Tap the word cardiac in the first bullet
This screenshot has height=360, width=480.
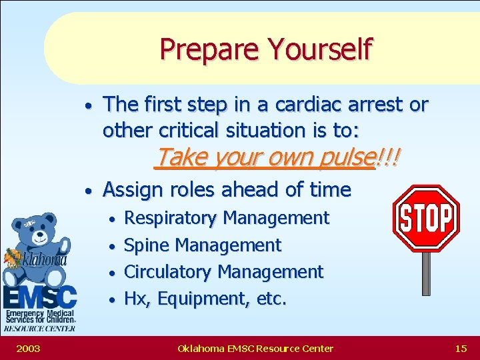coord(297,105)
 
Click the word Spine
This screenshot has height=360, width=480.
coord(147,245)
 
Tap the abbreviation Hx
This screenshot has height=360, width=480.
coord(136,299)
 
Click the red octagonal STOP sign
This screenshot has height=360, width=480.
coord(425,218)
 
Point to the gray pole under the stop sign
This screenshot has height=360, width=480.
coord(426,273)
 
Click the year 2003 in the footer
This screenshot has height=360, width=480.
coord(28,348)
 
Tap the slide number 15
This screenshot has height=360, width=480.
coord(460,348)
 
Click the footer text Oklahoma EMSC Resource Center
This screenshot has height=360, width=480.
coord(255,348)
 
